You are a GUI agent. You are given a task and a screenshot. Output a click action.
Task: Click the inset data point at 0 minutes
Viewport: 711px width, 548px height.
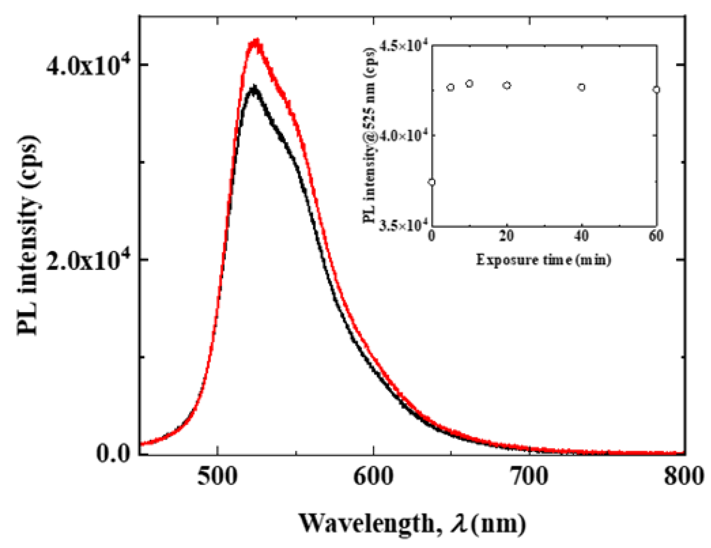tap(432, 182)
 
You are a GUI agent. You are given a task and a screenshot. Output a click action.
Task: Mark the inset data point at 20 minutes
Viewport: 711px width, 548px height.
tap(507, 85)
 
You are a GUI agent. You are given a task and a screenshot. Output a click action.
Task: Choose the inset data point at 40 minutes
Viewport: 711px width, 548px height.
tap(582, 87)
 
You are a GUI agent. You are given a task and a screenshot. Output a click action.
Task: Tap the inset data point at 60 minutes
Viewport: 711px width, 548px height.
tap(657, 90)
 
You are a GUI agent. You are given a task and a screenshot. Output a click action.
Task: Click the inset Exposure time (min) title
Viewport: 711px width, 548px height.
tap(543, 260)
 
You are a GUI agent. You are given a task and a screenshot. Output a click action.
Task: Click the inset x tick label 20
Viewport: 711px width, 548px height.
tap(507, 236)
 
